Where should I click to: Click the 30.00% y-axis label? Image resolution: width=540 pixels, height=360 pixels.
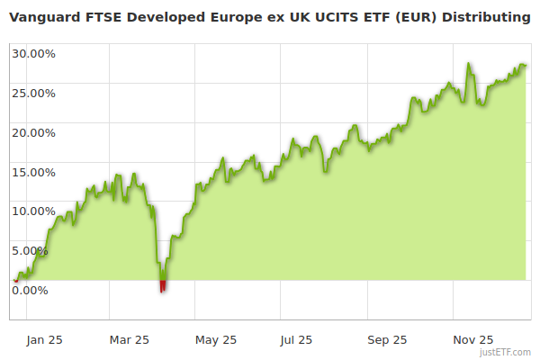tap(33, 53)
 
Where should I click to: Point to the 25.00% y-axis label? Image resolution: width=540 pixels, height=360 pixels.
tap(33, 93)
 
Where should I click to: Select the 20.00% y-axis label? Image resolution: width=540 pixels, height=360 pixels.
tap(33, 132)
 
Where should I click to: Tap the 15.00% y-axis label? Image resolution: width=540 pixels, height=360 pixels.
tap(33, 172)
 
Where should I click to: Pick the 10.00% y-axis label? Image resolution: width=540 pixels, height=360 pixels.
tap(33, 211)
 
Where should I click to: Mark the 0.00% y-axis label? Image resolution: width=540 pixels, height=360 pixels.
tap(30, 290)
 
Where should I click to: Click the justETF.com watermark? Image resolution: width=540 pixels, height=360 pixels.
tap(511, 352)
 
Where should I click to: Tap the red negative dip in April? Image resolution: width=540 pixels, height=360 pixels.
tap(163, 286)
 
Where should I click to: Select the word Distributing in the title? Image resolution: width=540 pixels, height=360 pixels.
tap(486, 17)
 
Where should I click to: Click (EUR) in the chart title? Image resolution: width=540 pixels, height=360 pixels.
tap(415, 17)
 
